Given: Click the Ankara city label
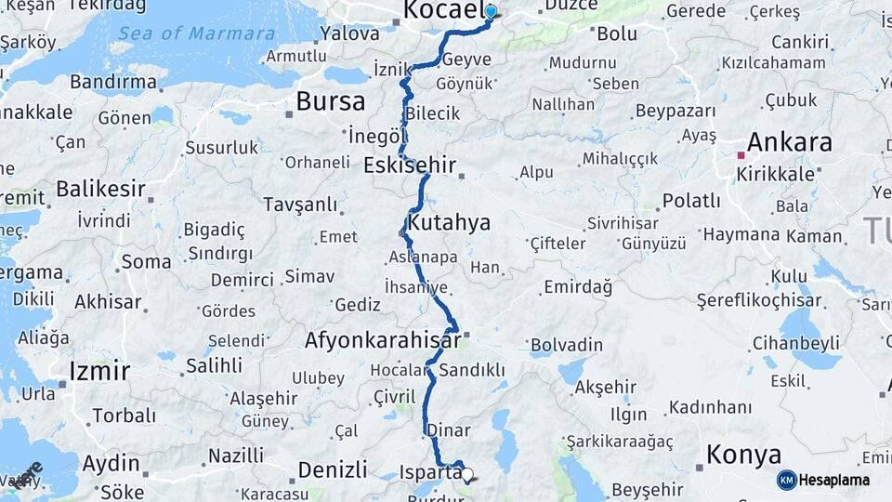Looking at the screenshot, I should [x=789, y=143].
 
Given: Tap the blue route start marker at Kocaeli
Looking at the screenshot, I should [x=491, y=12].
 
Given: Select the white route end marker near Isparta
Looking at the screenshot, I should [x=466, y=474].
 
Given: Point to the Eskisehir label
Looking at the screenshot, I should [x=410, y=165].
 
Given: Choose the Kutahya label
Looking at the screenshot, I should [x=449, y=223].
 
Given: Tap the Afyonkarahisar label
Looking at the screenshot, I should [x=382, y=340].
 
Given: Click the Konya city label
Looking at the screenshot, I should [x=743, y=455].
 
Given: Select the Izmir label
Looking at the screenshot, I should [x=98, y=372].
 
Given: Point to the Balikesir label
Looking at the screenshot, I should [x=100, y=190].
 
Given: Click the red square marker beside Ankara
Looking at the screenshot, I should [x=741, y=155].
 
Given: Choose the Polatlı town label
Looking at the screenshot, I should [x=690, y=201].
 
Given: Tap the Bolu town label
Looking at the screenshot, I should [x=616, y=33].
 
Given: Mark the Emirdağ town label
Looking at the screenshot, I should [x=578, y=287].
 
